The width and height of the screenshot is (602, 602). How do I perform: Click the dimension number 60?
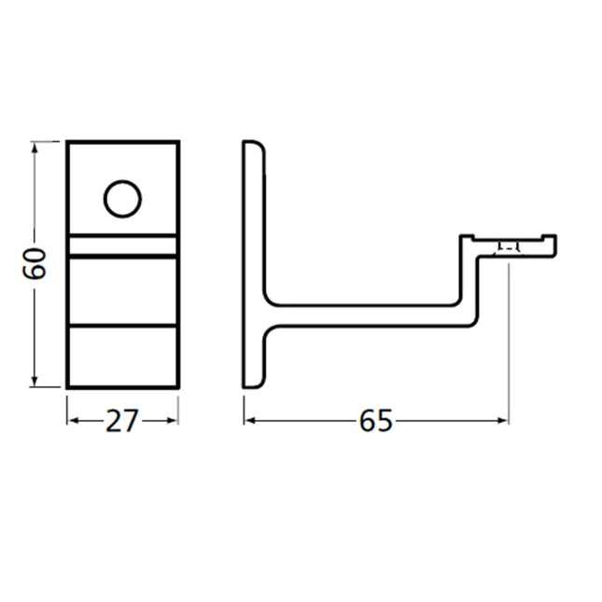pyautogui.click(x=35, y=264)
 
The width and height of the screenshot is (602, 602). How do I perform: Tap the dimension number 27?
pyautogui.click(x=121, y=421)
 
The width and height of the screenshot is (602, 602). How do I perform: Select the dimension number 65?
pyautogui.click(x=376, y=421)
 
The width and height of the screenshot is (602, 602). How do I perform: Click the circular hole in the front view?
pyautogui.click(x=122, y=199)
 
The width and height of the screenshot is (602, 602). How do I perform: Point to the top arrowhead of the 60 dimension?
pyautogui.click(x=35, y=147)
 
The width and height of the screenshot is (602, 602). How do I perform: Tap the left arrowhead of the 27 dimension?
pyautogui.click(x=74, y=421)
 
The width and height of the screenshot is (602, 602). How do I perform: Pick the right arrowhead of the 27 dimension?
pyautogui.click(x=172, y=421)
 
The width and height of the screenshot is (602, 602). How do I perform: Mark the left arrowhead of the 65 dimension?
pyautogui.click(x=250, y=421)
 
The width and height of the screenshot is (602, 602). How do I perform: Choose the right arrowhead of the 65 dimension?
pyautogui.click(x=502, y=421)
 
